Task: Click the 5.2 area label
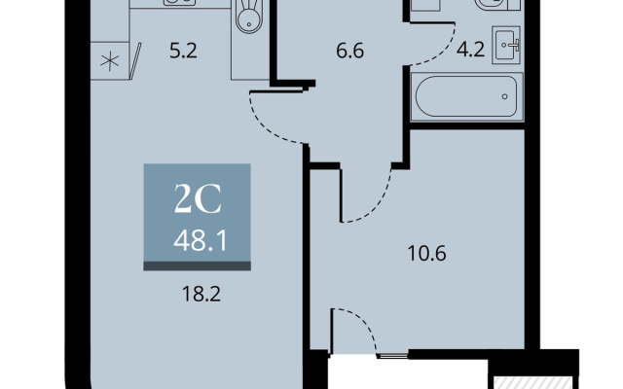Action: (x=183, y=52)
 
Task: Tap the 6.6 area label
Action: (x=350, y=52)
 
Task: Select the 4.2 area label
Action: (x=470, y=50)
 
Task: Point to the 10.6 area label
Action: (x=427, y=253)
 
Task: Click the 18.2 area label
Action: (x=202, y=294)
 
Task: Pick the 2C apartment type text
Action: (x=198, y=199)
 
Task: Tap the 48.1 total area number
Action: (x=201, y=240)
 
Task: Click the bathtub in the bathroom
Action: (x=467, y=96)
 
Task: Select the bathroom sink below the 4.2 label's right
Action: (x=506, y=45)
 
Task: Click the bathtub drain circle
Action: (x=504, y=96)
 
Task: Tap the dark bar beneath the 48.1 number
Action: (x=197, y=266)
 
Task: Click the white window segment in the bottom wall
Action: (x=392, y=356)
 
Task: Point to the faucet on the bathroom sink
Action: (x=516, y=45)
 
